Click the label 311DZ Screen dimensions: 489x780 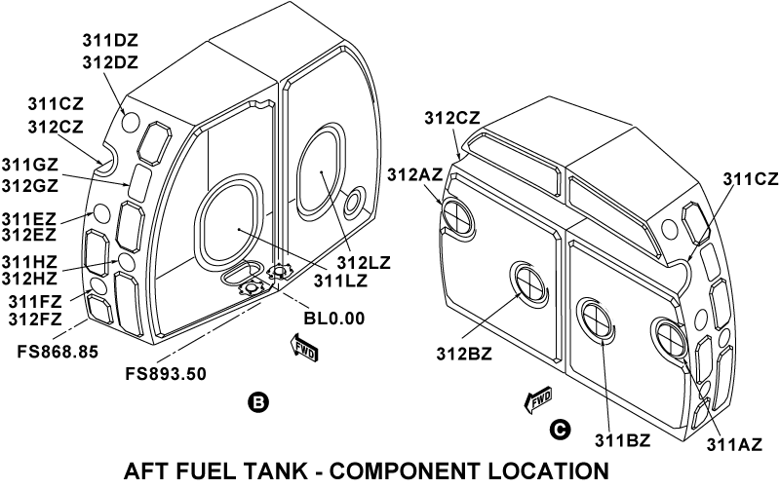pos(111,42)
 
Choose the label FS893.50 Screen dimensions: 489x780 pos(166,373)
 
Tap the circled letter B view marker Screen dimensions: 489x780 pos(257,400)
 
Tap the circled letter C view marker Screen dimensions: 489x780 pos(559,428)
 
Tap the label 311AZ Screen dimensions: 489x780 pos(732,444)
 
